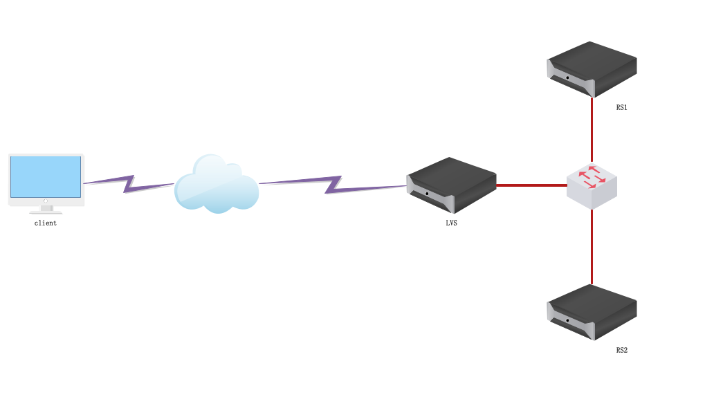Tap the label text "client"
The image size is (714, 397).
click(x=46, y=223)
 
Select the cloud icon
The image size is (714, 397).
click(x=216, y=185)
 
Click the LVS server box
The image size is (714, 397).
click(x=451, y=185)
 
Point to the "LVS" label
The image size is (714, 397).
click(x=451, y=223)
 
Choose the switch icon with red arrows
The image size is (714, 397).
click(x=592, y=185)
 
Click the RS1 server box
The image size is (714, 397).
click(x=592, y=68)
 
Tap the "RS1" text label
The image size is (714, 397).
click(x=621, y=108)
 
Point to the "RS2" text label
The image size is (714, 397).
click(x=621, y=351)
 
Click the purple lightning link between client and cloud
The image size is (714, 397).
click(x=129, y=183)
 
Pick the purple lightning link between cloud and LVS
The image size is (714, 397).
click(x=332, y=184)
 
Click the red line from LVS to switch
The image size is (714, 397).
click(x=531, y=185)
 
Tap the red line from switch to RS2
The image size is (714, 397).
click(x=592, y=246)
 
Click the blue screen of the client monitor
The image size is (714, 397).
click(x=46, y=176)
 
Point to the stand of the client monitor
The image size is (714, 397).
click(x=46, y=208)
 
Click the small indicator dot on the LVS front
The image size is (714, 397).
click(x=427, y=193)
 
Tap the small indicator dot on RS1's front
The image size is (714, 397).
click(x=567, y=77)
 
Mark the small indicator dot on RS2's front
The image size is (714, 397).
click(x=567, y=320)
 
